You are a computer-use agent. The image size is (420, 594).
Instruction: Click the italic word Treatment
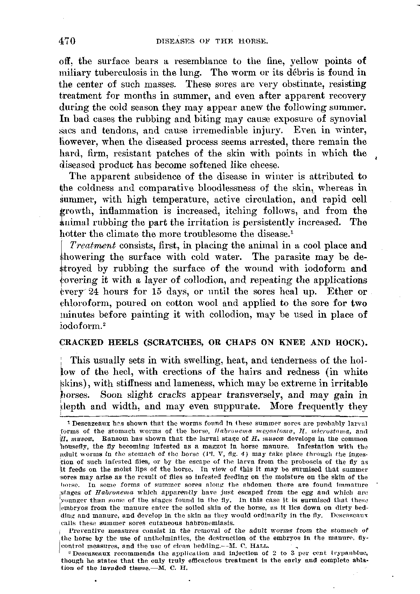93,246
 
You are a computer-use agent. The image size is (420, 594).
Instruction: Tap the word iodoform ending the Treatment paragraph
80,326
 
